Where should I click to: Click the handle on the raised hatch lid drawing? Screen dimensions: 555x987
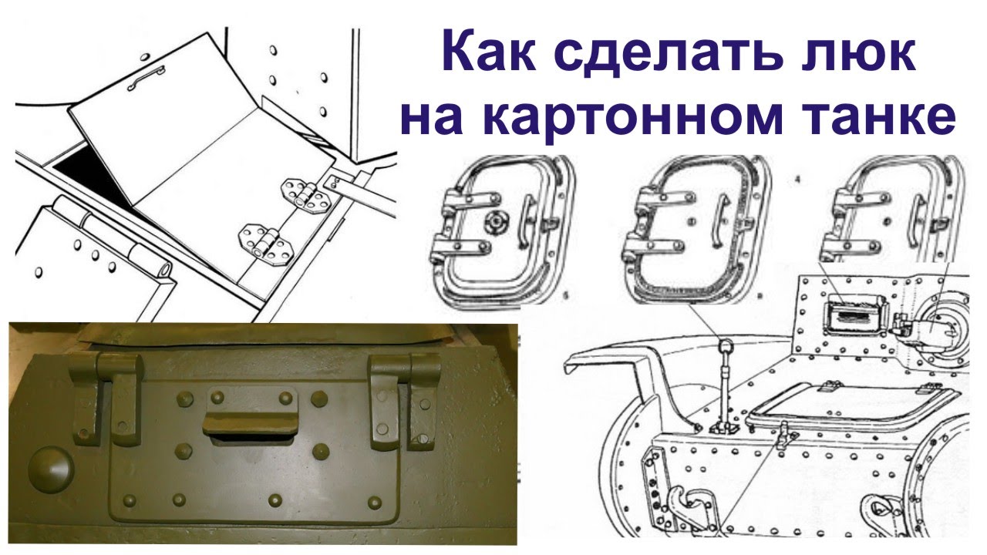tap(147, 75)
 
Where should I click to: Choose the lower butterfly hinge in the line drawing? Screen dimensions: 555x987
tap(264, 241)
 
